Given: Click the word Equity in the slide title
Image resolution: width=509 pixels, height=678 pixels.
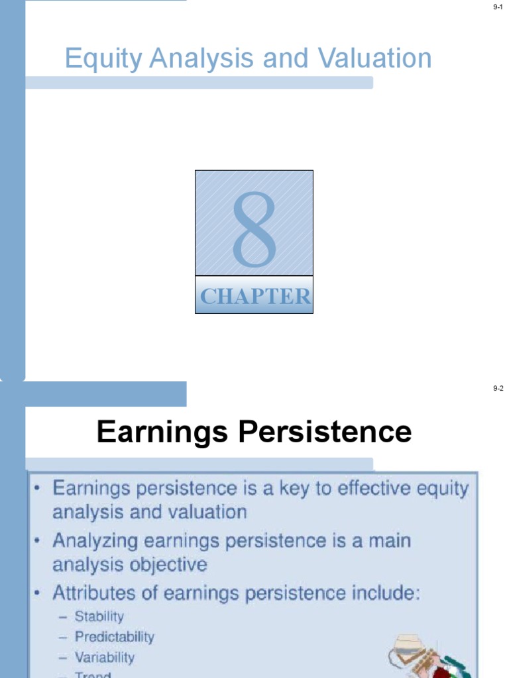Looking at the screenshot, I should (103, 59).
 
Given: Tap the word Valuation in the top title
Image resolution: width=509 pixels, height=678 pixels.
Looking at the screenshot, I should (375, 59).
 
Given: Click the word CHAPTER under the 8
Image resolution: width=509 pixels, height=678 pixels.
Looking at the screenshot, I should (255, 297).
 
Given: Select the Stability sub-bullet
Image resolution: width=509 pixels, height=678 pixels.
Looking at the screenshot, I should (99, 616).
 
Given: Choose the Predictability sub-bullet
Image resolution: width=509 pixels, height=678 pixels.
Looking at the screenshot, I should (114, 637).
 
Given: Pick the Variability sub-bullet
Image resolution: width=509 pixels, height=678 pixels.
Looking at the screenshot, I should (104, 657).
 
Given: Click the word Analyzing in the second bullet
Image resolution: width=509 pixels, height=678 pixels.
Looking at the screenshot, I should (97, 542).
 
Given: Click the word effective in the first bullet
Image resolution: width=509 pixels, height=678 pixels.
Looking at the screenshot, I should (375, 489).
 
